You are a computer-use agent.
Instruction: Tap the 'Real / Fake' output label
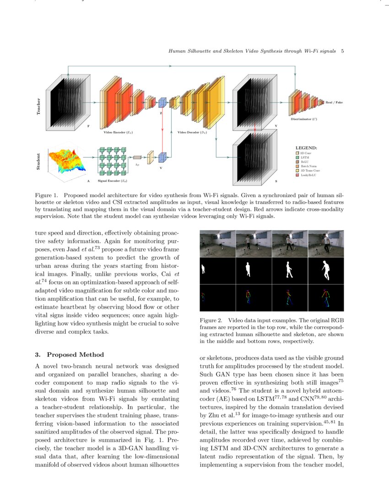pos(334,102)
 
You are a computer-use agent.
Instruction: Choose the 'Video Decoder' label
pos(192,132)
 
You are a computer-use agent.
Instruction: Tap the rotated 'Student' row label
pos(38,162)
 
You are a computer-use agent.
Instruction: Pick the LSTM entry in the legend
pos(304,157)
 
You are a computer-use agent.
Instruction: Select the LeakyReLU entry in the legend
pos(307,175)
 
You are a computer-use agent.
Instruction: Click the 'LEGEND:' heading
pos(306,148)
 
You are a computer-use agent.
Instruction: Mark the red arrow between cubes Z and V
pos(162,130)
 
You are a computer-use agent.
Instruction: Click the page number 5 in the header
pos(342,50)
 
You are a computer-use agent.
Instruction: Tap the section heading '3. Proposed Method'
pos(69,354)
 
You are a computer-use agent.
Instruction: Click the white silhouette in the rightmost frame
pos(326,270)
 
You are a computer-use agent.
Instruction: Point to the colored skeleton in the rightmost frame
pos(326,297)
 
